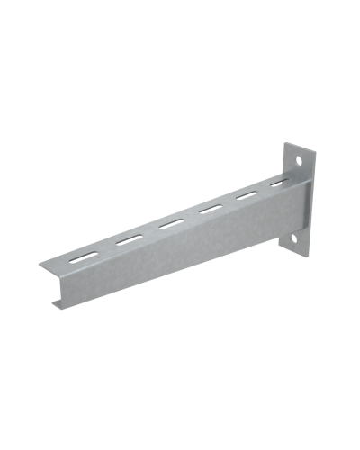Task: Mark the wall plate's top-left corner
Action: pyautogui.click(x=285, y=144)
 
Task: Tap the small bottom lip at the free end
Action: pyautogui.click(x=57, y=307)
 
